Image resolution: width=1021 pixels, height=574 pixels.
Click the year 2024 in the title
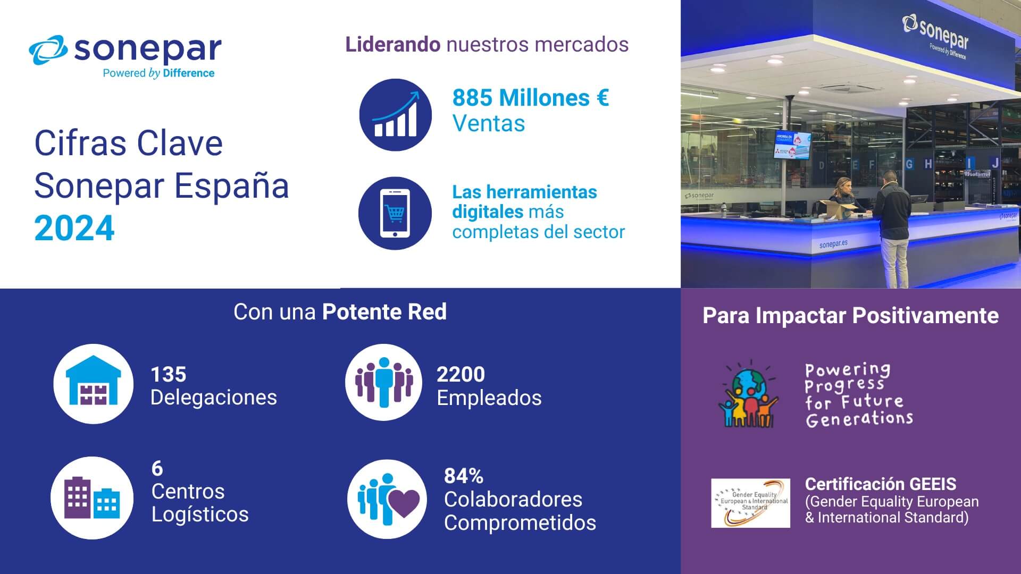pyautogui.click(x=74, y=229)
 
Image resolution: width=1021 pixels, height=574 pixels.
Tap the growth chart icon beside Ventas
pyautogui.click(x=395, y=115)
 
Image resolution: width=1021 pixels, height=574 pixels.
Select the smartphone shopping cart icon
pyautogui.click(x=395, y=213)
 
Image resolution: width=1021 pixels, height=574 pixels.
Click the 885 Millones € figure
pyautogui.click(x=530, y=98)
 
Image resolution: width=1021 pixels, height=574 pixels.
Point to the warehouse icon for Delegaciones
pyautogui.click(x=93, y=384)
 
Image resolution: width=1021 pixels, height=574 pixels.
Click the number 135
pyautogui.click(x=169, y=375)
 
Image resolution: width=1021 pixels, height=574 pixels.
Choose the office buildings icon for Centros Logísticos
pyautogui.click(x=92, y=497)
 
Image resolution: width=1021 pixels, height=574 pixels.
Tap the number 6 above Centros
pyautogui.click(x=157, y=468)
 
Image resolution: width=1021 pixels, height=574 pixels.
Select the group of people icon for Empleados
pyautogui.click(x=383, y=383)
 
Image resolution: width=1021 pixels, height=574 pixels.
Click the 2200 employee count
pyautogui.click(x=461, y=375)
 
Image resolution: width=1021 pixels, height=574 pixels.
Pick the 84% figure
pyautogui.click(x=463, y=476)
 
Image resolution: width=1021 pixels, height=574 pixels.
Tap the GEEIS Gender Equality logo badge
pyautogui.click(x=750, y=503)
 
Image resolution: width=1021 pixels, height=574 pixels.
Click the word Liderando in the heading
pyautogui.click(x=392, y=45)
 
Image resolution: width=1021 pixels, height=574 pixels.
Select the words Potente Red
pyautogui.click(x=384, y=312)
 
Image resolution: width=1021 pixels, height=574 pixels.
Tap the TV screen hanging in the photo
pyautogui.click(x=793, y=145)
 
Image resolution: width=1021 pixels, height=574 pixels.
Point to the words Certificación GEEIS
pyautogui.click(x=880, y=484)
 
